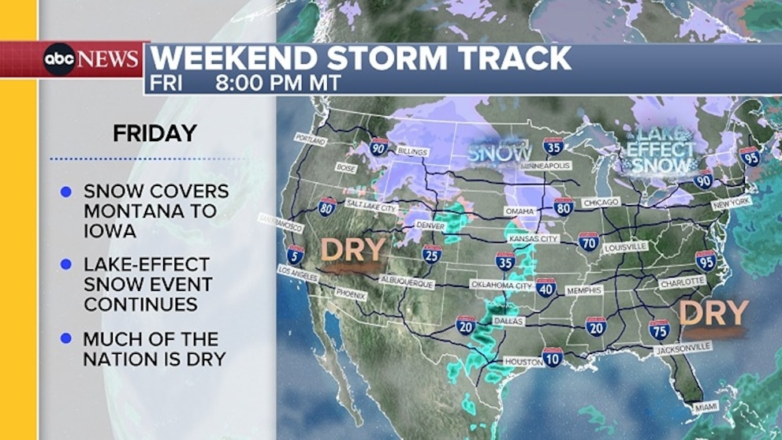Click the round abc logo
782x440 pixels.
pyautogui.click(x=60, y=60)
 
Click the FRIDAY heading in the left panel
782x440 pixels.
pyautogui.click(x=155, y=133)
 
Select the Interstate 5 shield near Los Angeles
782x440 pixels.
pyautogui.click(x=296, y=253)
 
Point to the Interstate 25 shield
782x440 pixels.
pyautogui.click(x=431, y=254)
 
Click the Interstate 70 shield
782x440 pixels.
pyautogui.click(x=588, y=241)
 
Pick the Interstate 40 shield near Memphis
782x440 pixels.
pyautogui.click(x=546, y=287)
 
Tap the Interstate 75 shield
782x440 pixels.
pyautogui.click(x=660, y=329)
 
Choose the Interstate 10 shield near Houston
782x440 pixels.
pyautogui.click(x=553, y=357)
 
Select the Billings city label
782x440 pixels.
pyautogui.click(x=412, y=151)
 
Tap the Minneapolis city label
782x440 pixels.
pyautogui.click(x=546, y=167)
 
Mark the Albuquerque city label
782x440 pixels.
pyautogui.click(x=407, y=282)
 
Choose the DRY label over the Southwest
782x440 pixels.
pyautogui.click(x=353, y=250)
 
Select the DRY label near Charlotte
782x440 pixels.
pyautogui.click(x=713, y=313)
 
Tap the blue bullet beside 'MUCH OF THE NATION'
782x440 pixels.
pyautogui.click(x=66, y=340)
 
